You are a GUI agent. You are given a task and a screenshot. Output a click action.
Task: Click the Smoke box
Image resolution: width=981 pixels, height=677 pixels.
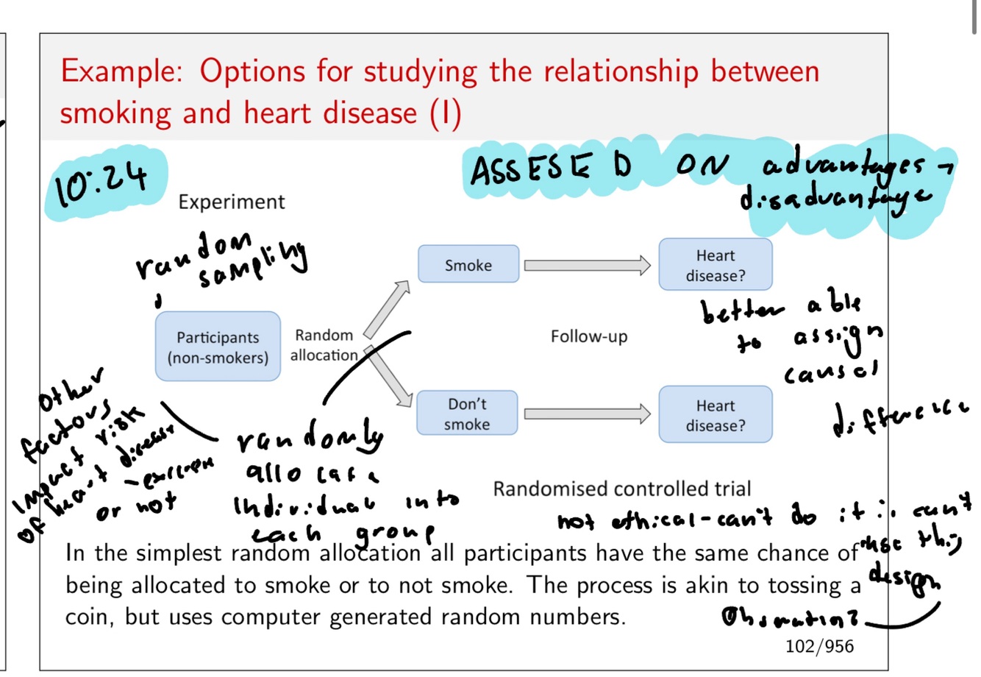tap(468, 264)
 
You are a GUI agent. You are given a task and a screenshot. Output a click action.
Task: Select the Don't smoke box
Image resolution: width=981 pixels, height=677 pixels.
tap(467, 414)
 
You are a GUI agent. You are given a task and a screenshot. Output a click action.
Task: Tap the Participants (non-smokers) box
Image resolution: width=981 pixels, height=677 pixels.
tap(218, 347)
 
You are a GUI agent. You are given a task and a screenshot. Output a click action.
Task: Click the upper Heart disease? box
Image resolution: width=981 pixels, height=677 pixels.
tap(715, 265)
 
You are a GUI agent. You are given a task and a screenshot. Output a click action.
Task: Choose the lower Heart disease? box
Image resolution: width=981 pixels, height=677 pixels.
tap(715, 415)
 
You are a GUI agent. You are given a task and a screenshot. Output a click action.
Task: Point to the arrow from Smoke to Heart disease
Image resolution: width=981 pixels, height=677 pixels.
tap(587, 265)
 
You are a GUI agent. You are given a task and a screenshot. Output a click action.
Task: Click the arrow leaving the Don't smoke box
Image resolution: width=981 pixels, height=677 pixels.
tap(587, 414)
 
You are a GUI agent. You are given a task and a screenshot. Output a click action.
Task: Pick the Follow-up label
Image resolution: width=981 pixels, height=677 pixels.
tap(588, 337)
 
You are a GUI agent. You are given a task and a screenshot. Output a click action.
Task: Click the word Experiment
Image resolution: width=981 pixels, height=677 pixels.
tap(231, 202)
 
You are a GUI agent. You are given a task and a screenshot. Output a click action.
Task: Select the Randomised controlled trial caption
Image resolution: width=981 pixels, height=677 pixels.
tap(621, 489)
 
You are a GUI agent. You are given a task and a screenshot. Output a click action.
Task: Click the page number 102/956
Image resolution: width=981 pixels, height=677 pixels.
tap(819, 646)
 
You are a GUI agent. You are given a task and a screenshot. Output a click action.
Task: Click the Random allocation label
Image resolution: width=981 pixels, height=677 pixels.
tap(324, 345)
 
